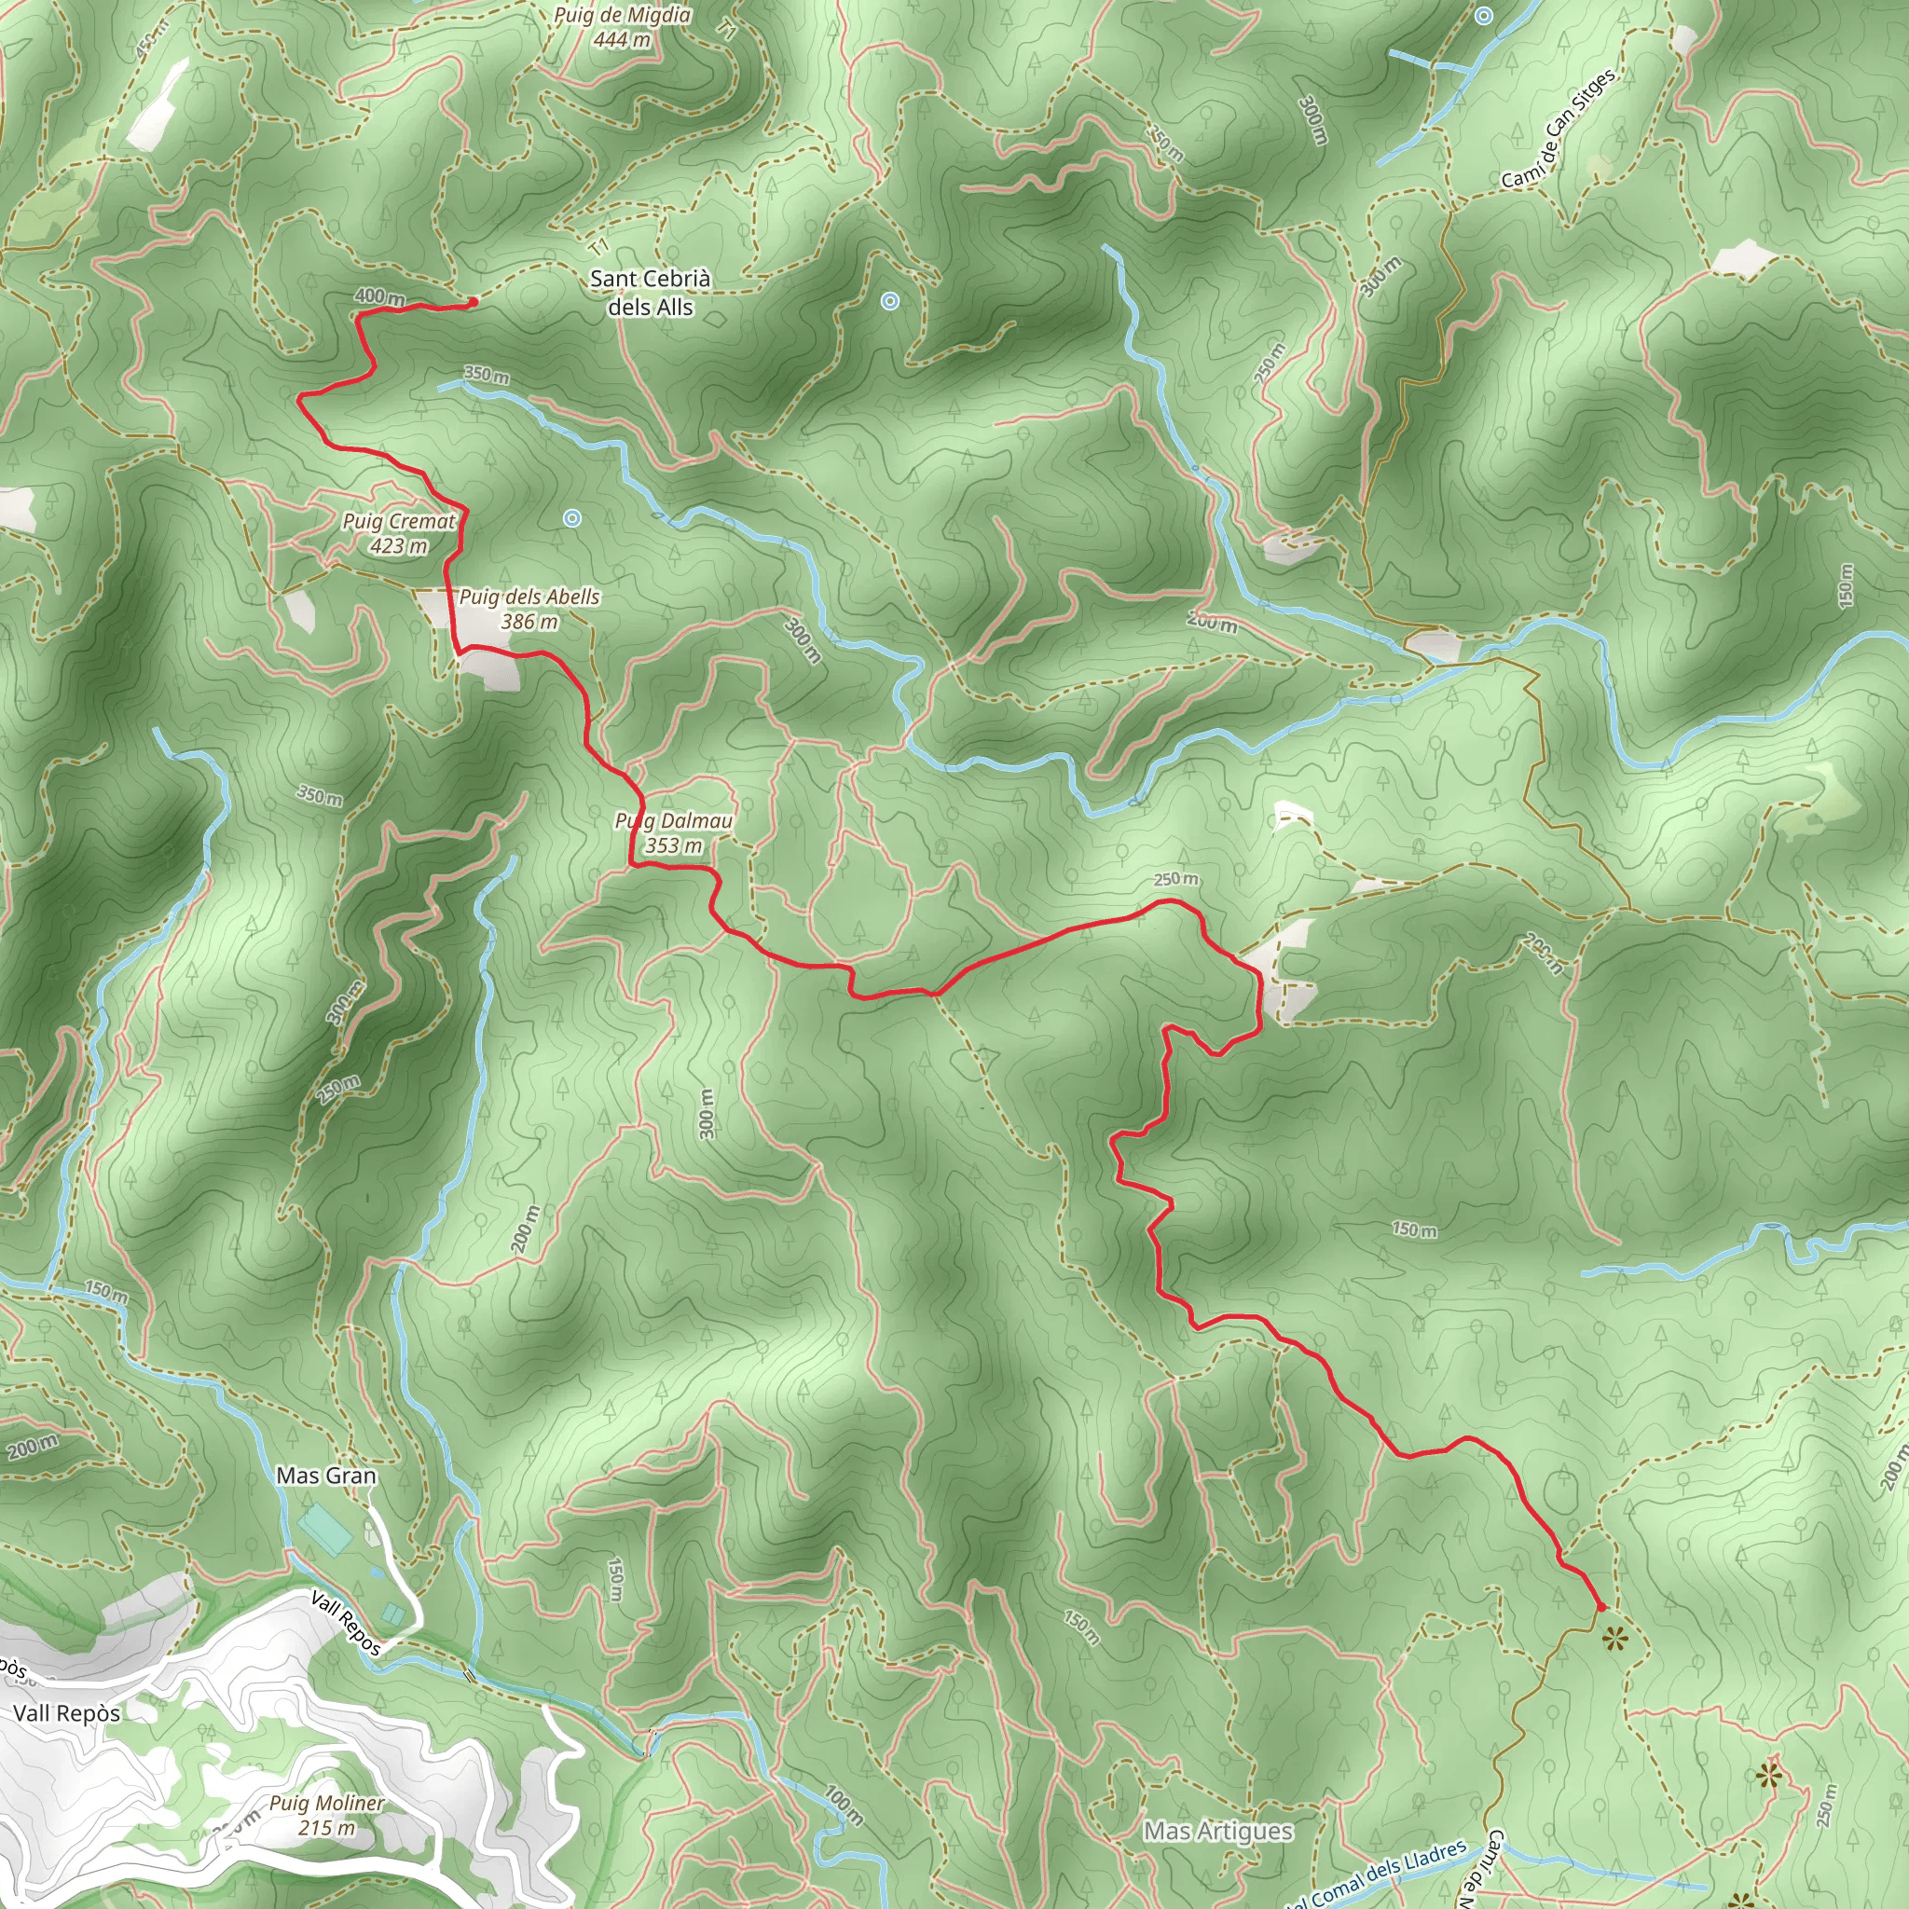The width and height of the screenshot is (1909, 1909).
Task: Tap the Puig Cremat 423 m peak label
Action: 398,532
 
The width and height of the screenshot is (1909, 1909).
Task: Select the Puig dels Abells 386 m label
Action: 529,609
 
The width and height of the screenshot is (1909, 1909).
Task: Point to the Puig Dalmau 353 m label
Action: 674,833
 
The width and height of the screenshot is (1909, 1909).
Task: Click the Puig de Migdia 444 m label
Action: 622,27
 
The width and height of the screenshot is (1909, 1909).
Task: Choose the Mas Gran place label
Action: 326,1476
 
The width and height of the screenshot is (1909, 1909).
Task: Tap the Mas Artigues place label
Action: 1217,1831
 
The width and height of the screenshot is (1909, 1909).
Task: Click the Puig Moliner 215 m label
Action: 326,1815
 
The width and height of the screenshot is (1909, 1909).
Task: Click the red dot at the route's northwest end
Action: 474,301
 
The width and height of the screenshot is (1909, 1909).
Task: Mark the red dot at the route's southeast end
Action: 1601,1607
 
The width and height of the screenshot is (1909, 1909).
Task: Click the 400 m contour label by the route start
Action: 379,296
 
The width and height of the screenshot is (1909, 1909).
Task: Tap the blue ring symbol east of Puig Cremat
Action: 572,517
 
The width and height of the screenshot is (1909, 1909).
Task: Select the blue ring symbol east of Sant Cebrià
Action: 889,301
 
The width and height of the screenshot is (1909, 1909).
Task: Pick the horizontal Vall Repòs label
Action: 66,1712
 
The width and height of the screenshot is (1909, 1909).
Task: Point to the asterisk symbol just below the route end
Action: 1614,1640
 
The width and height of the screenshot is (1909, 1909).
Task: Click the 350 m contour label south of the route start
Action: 487,375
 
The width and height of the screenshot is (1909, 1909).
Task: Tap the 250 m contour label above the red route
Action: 1174,879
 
